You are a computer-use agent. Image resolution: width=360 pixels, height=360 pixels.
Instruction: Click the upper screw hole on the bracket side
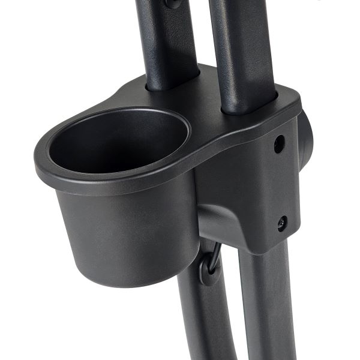(279, 144)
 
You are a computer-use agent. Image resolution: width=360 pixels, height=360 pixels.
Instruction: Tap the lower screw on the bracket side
(281, 223)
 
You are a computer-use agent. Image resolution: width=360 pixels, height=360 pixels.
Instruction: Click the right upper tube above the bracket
(240, 48)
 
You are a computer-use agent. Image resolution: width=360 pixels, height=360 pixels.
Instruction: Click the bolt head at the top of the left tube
(173, 3)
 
